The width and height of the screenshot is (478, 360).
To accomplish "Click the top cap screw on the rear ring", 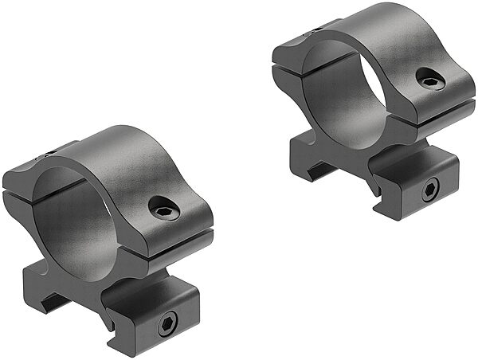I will (x=429, y=79).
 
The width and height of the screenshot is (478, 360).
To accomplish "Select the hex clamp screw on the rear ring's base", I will (x=429, y=189).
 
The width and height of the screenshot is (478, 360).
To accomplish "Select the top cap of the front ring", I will (x=119, y=159).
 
